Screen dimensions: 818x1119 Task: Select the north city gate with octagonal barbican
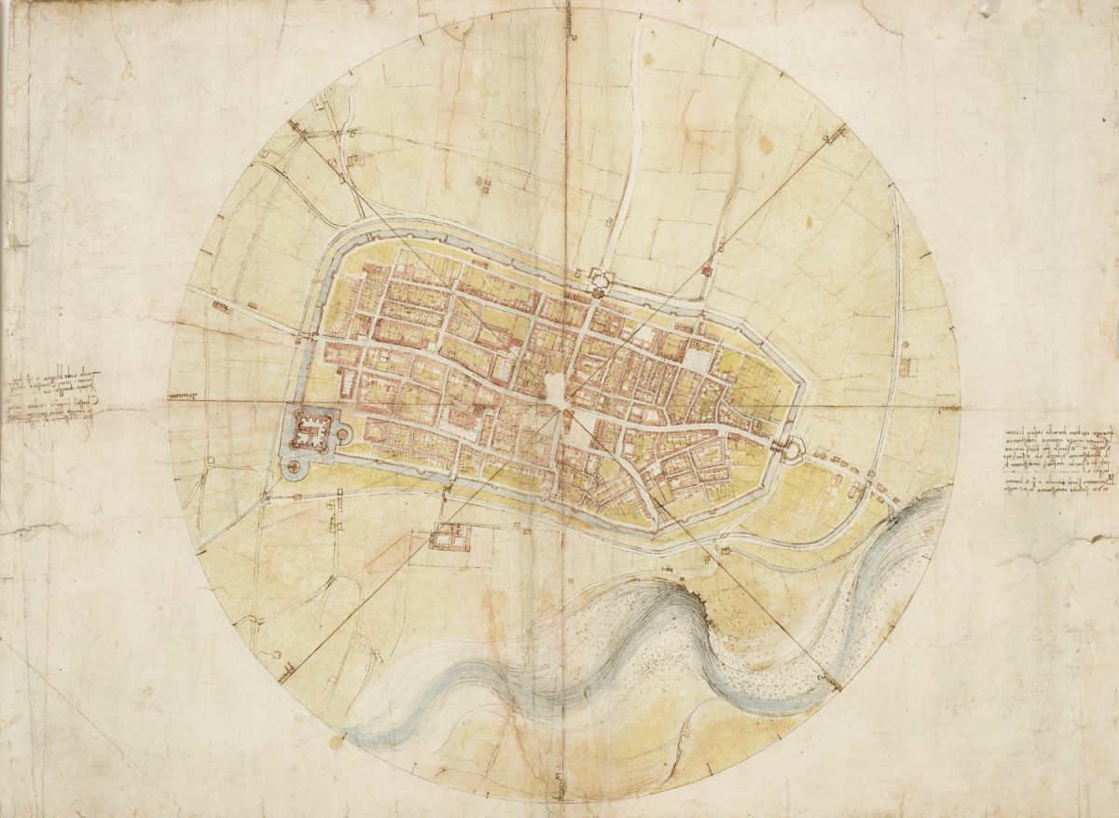pos(598,278)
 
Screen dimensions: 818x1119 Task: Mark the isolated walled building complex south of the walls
pos(449,536)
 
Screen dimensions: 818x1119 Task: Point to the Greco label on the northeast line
pos(833,139)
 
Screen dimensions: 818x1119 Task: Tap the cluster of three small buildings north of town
pos(483,185)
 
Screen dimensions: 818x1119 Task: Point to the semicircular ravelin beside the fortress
pos(343,433)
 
